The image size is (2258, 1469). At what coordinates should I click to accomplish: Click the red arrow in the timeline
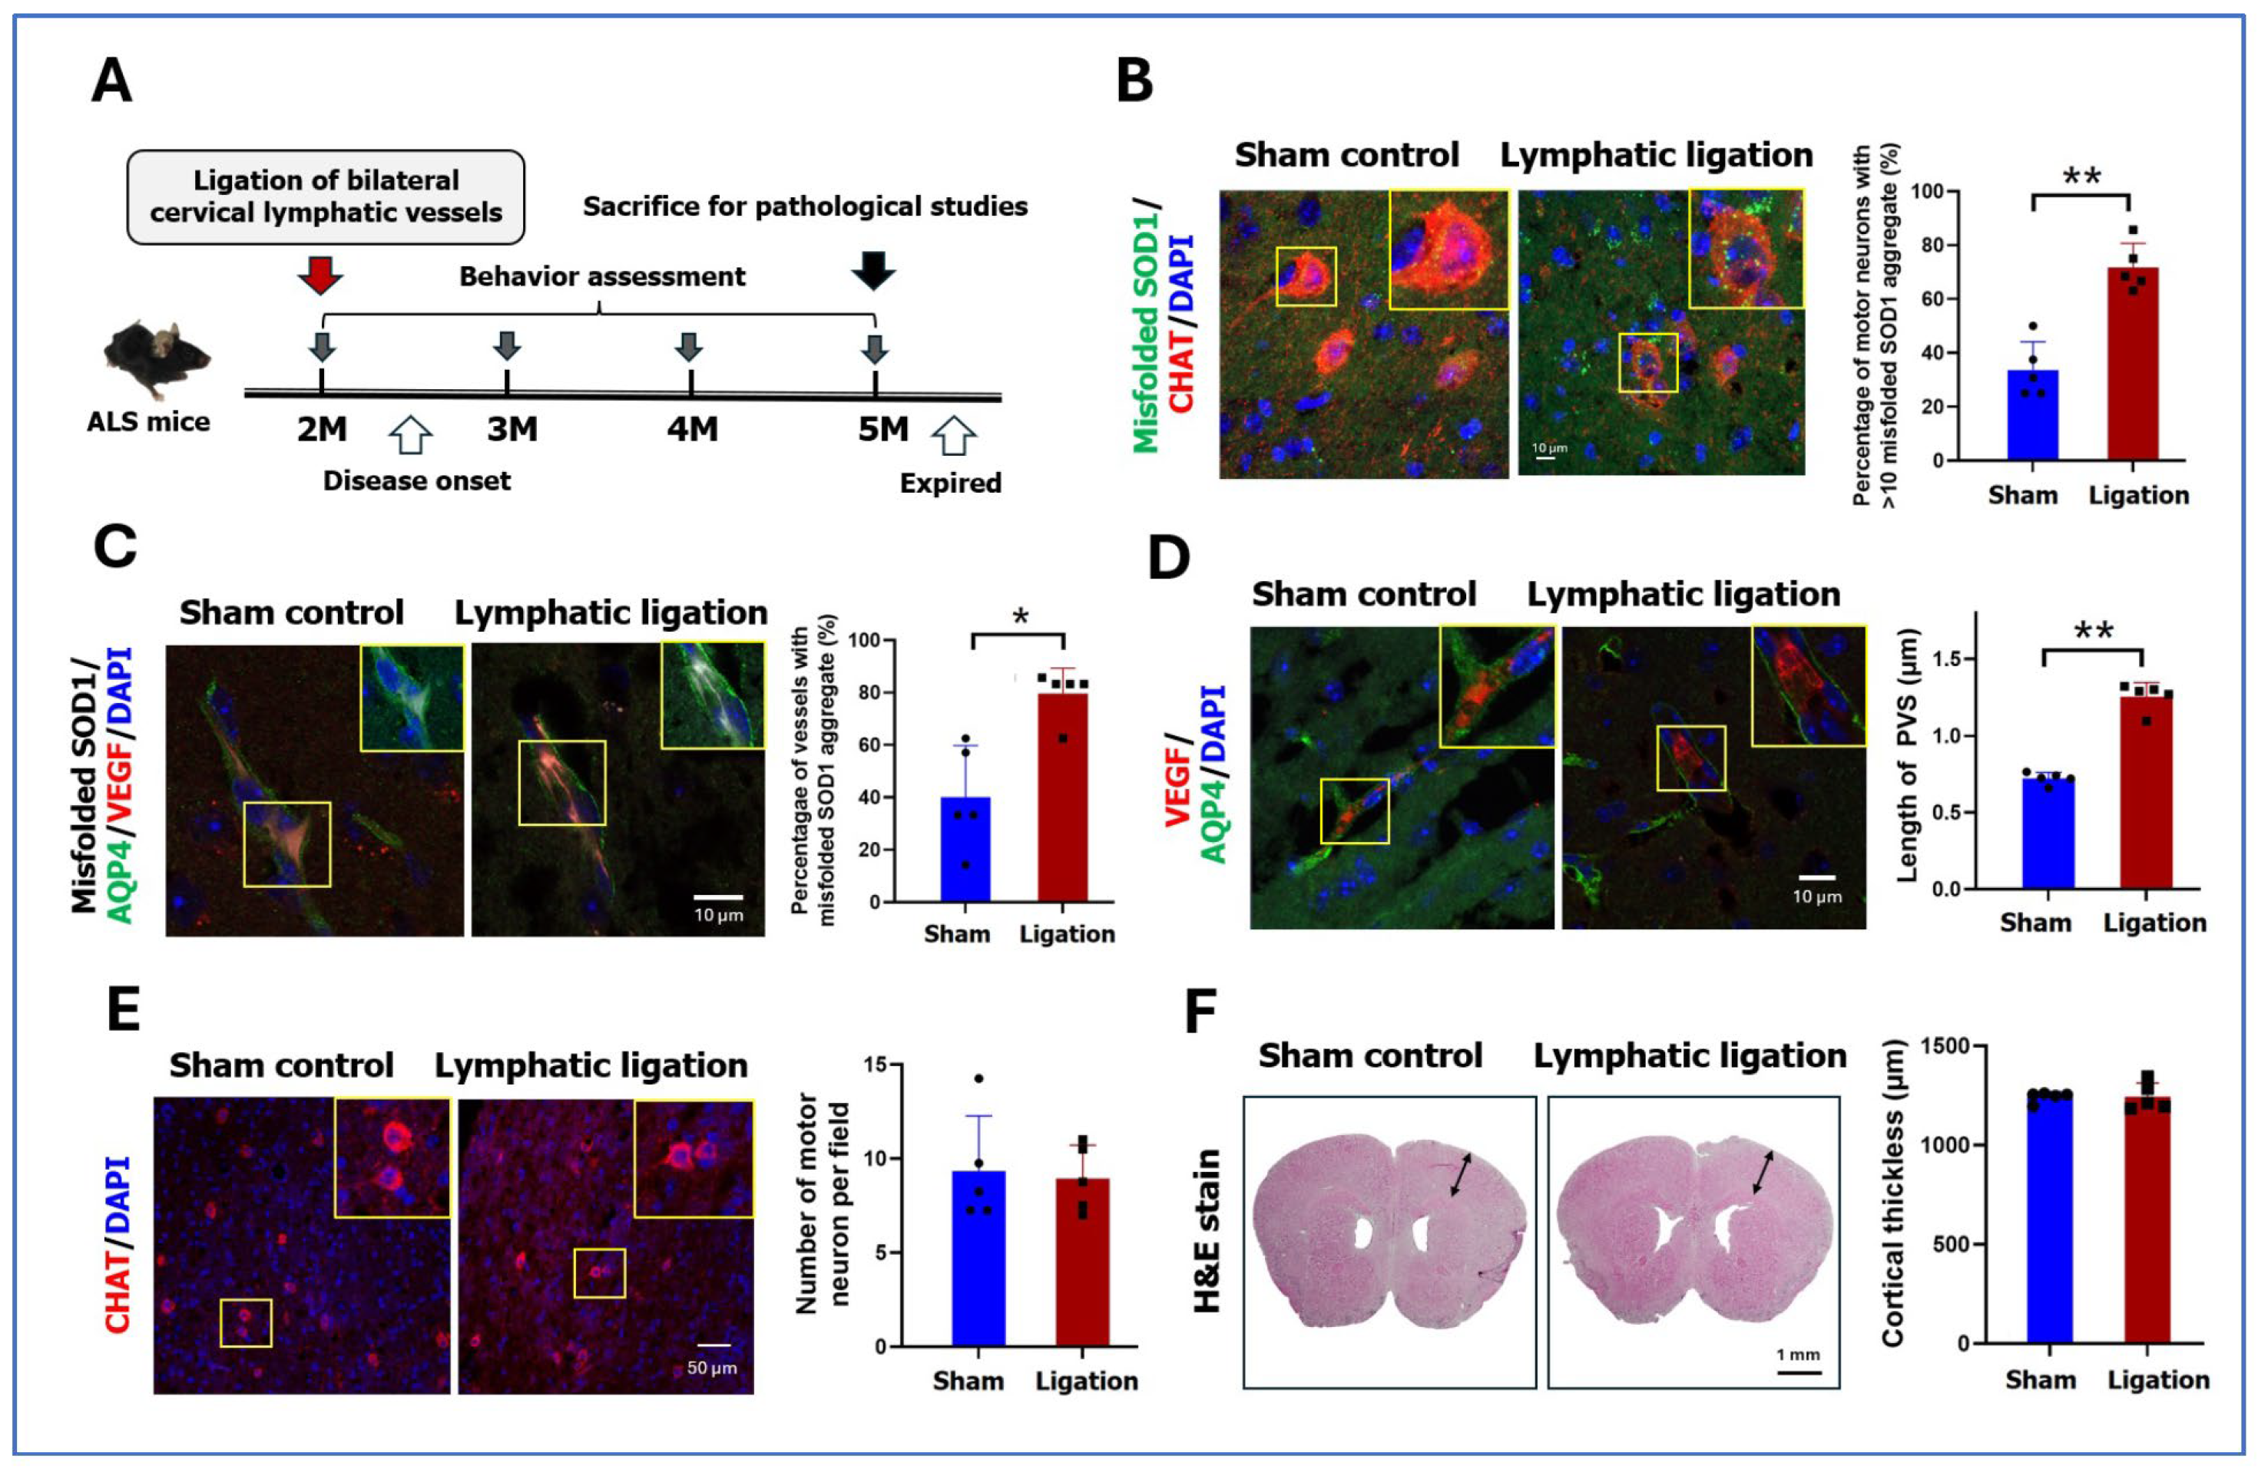[x=319, y=274]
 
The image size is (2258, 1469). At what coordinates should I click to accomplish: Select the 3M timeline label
[x=512, y=430]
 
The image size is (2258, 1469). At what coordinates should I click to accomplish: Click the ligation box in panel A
[x=326, y=196]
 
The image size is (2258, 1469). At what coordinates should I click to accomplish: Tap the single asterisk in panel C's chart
[x=1020, y=617]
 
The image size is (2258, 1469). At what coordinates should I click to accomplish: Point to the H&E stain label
[x=1206, y=1231]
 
